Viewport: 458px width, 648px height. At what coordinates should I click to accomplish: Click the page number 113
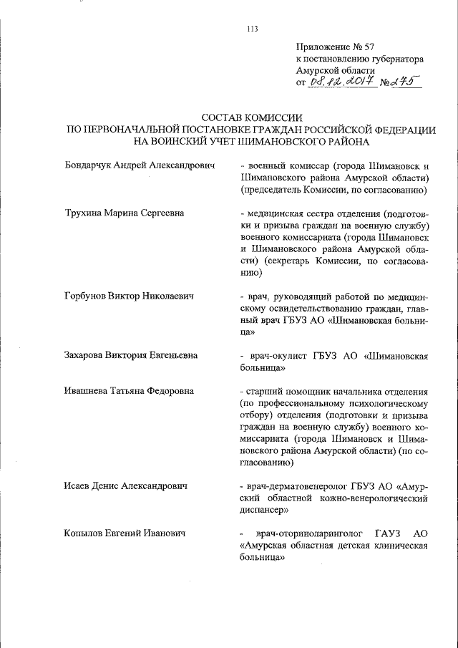(251, 29)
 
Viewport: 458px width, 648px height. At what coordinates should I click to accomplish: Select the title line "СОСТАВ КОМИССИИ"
(251, 117)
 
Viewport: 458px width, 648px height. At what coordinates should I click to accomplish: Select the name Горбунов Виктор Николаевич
(130, 295)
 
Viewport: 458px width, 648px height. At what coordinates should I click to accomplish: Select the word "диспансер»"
(264, 510)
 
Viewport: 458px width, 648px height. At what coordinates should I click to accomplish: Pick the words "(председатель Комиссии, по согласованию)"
(334, 190)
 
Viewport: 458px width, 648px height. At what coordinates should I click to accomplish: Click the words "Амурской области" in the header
(336, 70)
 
